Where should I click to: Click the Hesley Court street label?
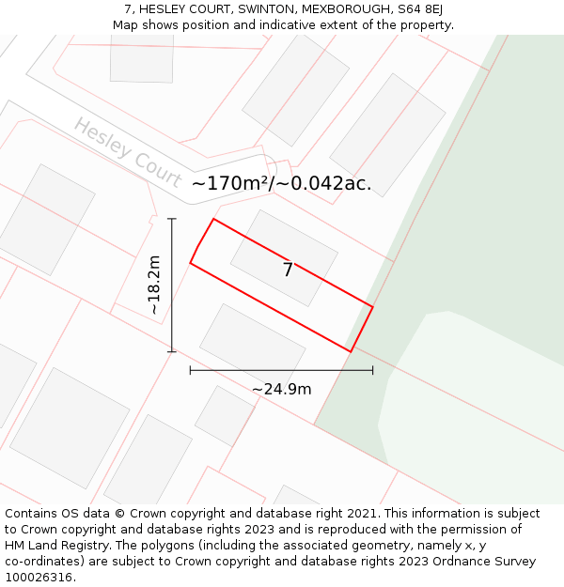pyautogui.click(x=128, y=152)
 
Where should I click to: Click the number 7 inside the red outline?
pyautogui.click(x=288, y=270)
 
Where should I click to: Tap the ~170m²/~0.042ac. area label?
pyautogui.click(x=281, y=184)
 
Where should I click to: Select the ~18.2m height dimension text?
pyautogui.click(x=154, y=286)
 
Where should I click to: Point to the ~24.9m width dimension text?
pyautogui.click(x=281, y=389)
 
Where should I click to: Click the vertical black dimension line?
pyautogui.click(x=172, y=310)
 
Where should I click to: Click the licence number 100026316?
pyautogui.click(x=37, y=578)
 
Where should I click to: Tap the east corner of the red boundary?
pyautogui.click(x=373, y=306)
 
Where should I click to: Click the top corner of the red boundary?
pyautogui.click(x=213, y=219)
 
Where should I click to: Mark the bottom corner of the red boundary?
pyautogui.click(x=351, y=352)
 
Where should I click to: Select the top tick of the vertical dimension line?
pyautogui.click(x=172, y=219)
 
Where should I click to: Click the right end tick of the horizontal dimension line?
pyautogui.click(x=373, y=370)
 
